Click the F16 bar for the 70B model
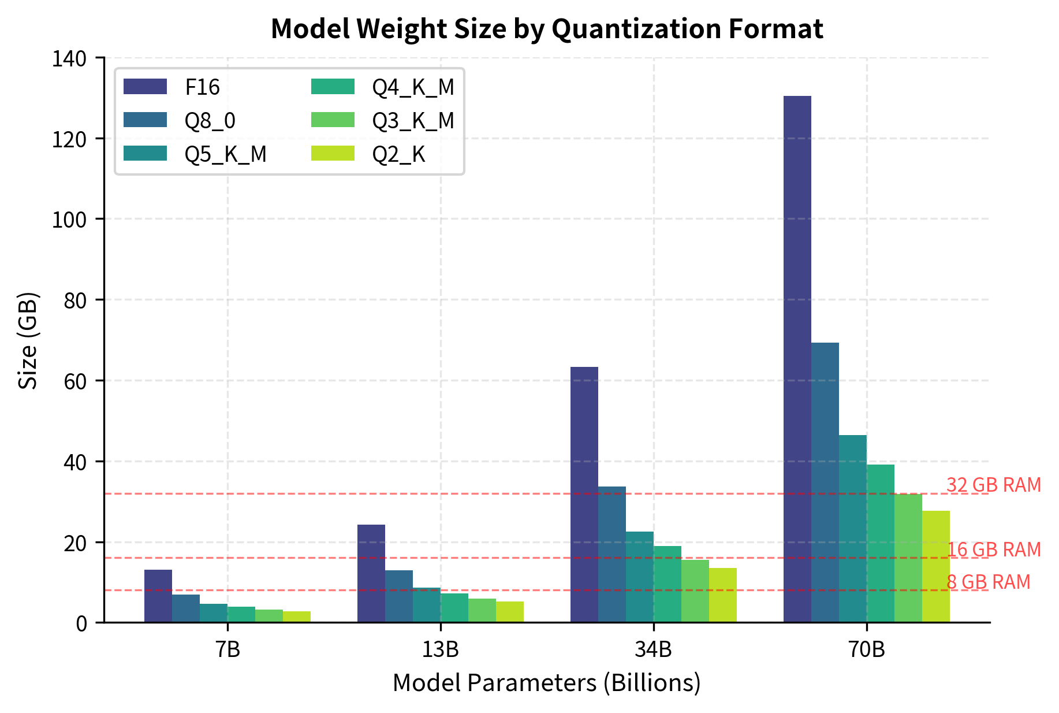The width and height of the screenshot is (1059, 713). pos(797,358)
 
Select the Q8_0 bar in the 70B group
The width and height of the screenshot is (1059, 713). pos(825,482)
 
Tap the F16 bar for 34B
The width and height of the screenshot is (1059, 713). pos(584,495)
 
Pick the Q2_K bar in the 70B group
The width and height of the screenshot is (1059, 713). pos(935,566)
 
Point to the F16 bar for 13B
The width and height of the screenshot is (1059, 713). pos(371,573)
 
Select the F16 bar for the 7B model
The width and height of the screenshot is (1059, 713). pos(158,596)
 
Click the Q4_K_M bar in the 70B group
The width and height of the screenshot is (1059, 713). pos(880,543)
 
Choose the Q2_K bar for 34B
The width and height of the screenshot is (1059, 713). pos(722,595)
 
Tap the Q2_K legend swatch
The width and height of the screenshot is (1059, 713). pos(333,154)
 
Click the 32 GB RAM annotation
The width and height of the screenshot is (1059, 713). pos(993,485)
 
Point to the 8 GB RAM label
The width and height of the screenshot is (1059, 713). pos(988,582)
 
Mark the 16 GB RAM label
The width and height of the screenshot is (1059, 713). pos(993,549)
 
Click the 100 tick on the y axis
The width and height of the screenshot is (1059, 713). pos(69,220)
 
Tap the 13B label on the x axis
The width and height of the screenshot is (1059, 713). pos(440,650)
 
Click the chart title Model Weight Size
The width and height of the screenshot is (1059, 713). pos(546,29)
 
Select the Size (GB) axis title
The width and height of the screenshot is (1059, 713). pos(28,341)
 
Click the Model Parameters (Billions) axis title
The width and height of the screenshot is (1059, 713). pos(546,683)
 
